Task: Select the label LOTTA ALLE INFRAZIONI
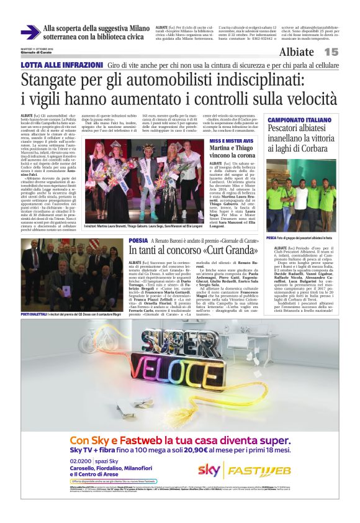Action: pyautogui.click(x=61, y=65)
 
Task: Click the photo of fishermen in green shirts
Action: pyautogui.click(x=301, y=196)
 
